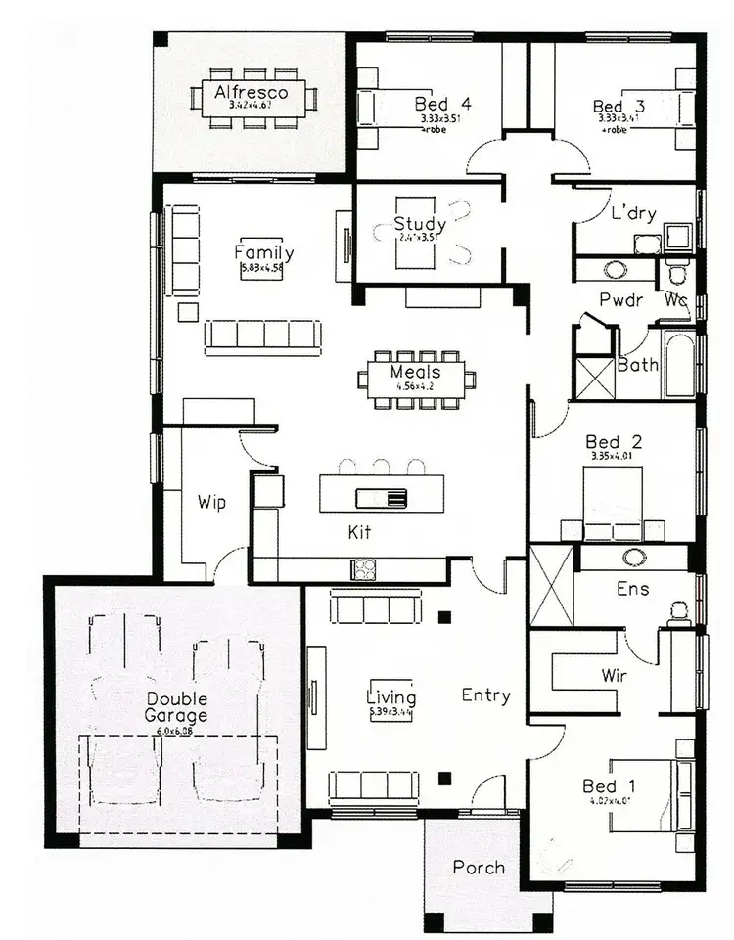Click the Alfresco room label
click(x=251, y=93)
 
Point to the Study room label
click(x=420, y=225)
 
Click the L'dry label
click(x=633, y=214)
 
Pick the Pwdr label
click(x=620, y=299)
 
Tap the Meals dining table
click(x=416, y=378)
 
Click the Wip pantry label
click(x=211, y=503)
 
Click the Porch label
click(x=479, y=867)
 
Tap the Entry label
click(x=485, y=695)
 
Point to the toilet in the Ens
click(x=678, y=612)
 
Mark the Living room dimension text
click(x=391, y=713)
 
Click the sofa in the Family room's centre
click(x=261, y=336)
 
